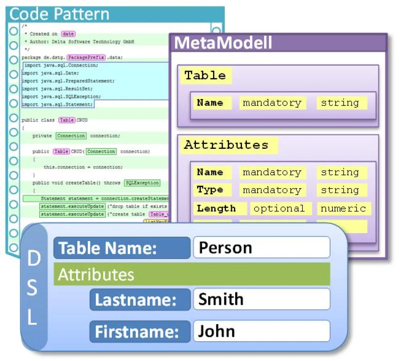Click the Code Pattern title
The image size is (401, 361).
point(59,14)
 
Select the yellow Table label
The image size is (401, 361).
point(205,75)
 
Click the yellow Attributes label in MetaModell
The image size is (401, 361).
point(226,145)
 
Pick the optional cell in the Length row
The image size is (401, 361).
point(279,209)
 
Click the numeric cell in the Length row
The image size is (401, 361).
point(343,209)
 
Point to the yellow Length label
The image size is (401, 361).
point(216,209)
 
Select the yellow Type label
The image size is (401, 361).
point(210,190)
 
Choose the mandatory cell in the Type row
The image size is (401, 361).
point(272,190)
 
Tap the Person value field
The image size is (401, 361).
point(262,247)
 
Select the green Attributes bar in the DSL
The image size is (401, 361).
point(191,274)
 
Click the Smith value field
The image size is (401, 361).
point(262,299)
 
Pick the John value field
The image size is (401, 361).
point(262,331)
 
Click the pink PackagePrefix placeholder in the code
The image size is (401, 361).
point(86,57)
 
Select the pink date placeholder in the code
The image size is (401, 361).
point(69,34)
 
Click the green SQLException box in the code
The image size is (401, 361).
point(142,183)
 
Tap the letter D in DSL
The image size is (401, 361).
point(34,260)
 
